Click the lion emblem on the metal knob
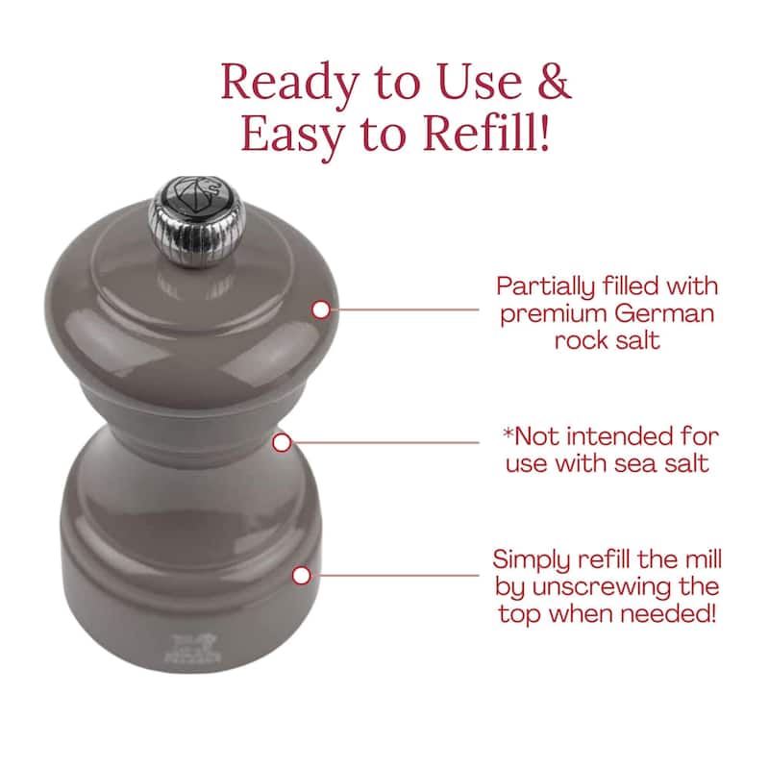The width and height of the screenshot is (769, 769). (x=199, y=196)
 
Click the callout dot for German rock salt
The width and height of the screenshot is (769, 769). (x=321, y=310)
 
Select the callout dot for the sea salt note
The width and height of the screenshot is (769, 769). (x=282, y=443)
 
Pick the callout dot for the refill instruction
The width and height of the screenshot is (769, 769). (x=301, y=575)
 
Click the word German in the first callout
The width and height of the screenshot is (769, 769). (x=664, y=314)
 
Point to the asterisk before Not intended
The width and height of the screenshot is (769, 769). (x=509, y=434)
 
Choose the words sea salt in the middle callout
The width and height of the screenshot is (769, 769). (x=661, y=464)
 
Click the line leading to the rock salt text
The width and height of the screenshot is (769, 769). (x=405, y=310)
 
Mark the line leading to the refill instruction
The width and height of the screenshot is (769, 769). (x=395, y=575)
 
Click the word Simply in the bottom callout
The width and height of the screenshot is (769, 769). (x=532, y=561)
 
